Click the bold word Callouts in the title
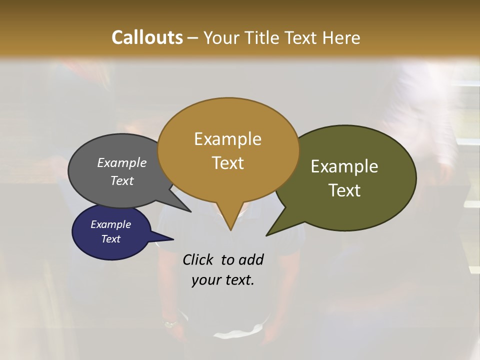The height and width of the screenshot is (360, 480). (x=147, y=37)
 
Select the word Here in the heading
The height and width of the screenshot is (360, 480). (x=341, y=38)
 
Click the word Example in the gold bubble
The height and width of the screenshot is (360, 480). (x=227, y=139)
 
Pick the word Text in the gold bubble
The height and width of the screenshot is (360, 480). (x=227, y=163)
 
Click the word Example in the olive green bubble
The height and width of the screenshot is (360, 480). (x=344, y=166)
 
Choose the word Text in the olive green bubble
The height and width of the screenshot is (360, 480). (x=344, y=190)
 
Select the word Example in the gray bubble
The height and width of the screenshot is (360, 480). (x=122, y=163)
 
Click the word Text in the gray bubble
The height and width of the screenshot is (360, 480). (x=122, y=181)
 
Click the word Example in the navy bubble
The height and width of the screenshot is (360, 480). (x=110, y=224)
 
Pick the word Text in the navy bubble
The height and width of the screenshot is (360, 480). (x=110, y=239)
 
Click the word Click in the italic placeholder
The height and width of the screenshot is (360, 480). (x=199, y=260)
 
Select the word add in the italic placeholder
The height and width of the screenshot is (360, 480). (x=250, y=260)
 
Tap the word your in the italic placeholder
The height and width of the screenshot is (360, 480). (x=206, y=280)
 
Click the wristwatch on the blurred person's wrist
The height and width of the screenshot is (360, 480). (x=170, y=323)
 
